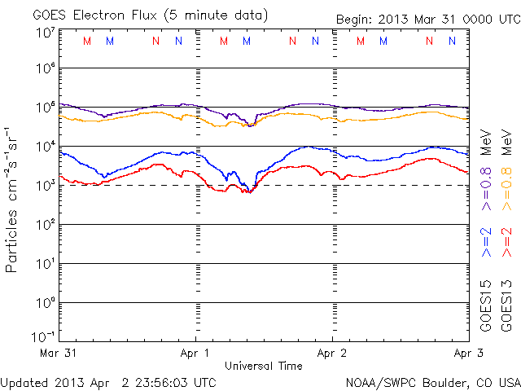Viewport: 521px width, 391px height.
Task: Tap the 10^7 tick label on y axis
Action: [x=45, y=33]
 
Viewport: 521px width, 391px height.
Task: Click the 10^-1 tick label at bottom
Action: [x=44, y=336]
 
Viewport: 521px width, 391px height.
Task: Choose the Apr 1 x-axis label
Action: [x=196, y=354]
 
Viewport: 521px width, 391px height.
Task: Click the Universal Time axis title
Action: [x=264, y=366]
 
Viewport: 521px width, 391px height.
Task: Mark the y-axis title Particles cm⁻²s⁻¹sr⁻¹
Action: [x=14, y=200]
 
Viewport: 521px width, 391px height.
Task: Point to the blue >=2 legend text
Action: [x=486, y=243]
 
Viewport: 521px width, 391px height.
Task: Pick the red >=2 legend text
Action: [x=506, y=243]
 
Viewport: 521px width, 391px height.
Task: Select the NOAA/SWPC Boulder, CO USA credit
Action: [x=432, y=382]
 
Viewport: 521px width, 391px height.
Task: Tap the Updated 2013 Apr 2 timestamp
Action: [x=108, y=382]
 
